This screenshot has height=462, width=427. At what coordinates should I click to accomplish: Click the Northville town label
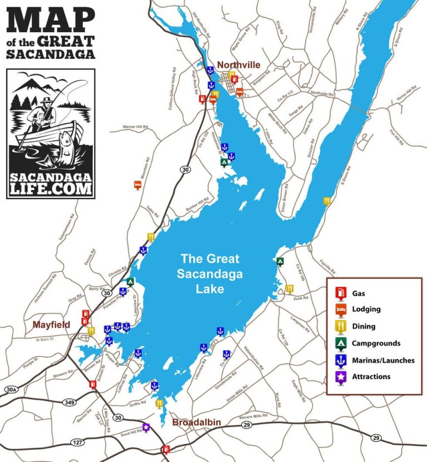(239, 64)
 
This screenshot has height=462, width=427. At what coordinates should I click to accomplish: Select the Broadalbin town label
(196, 422)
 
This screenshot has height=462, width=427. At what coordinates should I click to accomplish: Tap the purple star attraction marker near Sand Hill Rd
(146, 427)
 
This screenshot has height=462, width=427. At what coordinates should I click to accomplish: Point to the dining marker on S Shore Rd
(327, 201)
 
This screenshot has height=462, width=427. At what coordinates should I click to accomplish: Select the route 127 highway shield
(78, 442)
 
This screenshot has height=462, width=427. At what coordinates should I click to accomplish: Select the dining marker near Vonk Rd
(290, 289)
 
